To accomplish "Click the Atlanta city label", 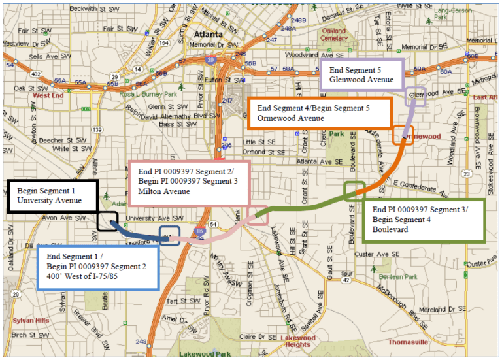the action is point(210,34).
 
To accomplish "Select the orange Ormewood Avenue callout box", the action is point(320,113).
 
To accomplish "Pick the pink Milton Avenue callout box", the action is point(190,182).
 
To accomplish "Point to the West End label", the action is point(46,95).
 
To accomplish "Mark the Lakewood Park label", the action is point(205,353).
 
